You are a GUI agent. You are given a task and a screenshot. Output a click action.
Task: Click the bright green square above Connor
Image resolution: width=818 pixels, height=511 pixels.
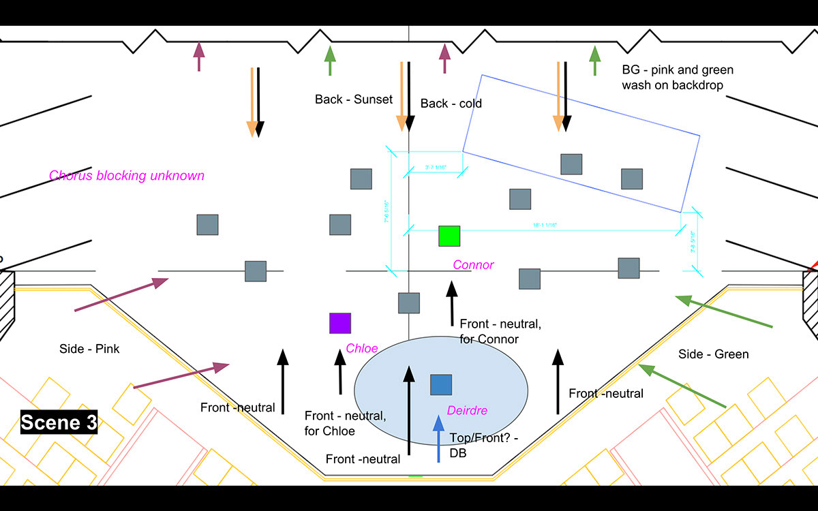(x=449, y=236)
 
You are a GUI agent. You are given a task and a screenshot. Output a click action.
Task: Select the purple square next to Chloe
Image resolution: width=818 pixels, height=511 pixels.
(x=340, y=323)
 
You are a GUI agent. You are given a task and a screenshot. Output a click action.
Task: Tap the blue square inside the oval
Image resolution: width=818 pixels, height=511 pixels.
(x=441, y=384)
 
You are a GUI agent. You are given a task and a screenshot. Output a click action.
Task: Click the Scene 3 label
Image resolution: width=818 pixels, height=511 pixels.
(x=59, y=422)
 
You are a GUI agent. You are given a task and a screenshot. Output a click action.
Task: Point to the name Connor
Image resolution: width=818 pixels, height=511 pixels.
(x=473, y=265)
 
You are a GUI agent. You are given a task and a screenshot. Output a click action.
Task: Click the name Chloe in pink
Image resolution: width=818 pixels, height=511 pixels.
(x=362, y=348)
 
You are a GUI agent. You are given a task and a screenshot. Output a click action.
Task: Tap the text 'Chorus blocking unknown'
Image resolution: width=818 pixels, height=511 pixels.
(x=127, y=176)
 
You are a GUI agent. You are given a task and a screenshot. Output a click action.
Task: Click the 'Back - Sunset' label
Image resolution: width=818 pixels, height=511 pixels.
(x=354, y=99)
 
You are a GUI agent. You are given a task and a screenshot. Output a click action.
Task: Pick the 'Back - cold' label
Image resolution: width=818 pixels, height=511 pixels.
(x=451, y=104)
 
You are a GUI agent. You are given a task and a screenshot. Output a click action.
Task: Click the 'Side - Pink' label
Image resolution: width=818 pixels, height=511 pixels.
(x=90, y=350)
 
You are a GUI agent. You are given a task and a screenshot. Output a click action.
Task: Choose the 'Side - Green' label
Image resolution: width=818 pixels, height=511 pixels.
(x=714, y=354)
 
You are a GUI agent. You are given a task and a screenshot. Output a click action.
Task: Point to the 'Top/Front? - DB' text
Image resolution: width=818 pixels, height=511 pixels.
(x=484, y=446)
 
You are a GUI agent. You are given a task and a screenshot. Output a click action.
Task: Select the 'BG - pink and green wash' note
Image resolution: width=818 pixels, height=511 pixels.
(x=678, y=78)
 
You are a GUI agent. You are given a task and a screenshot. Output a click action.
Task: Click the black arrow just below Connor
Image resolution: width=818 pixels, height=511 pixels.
(x=451, y=303)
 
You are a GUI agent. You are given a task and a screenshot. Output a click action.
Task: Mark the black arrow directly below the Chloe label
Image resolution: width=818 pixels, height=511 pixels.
(x=340, y=372)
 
